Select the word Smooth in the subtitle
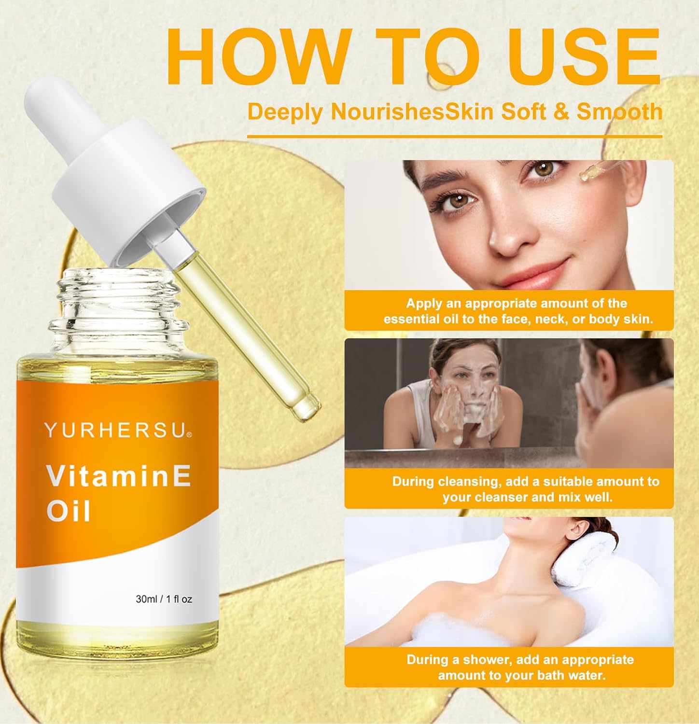619,112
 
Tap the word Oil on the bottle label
68,510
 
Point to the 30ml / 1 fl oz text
164,599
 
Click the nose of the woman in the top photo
507,239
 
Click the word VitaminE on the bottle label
119,476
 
